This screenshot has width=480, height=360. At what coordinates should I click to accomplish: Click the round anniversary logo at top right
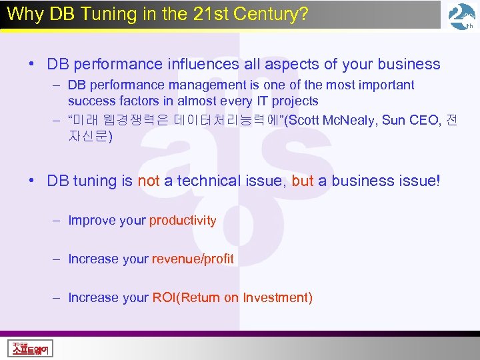pyautogui.click(x=462, y=17)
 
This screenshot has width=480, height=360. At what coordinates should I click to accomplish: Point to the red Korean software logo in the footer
pyautogui.click(x=31, y=348)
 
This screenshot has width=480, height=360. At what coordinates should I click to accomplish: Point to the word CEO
pyautogui.click(x=423, y=121)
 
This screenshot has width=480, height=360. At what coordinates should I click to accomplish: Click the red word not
pyautogui.click(x=149, y=181)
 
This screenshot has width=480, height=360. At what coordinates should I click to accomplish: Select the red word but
pyautogui.click(x=303, y=181)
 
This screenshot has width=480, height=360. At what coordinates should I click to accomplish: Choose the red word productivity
pyautogui.click(x=183, y=221)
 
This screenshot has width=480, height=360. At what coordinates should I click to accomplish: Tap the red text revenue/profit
pyautogui.click(x=193, y=259)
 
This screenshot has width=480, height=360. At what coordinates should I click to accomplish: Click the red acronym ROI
pyautogui.click(x=163, y=297)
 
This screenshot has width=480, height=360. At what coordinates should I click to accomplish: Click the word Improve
pyautogui.click(x=90, y=221)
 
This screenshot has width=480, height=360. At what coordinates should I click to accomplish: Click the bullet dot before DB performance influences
pyautogui.click(x=32, y=65)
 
